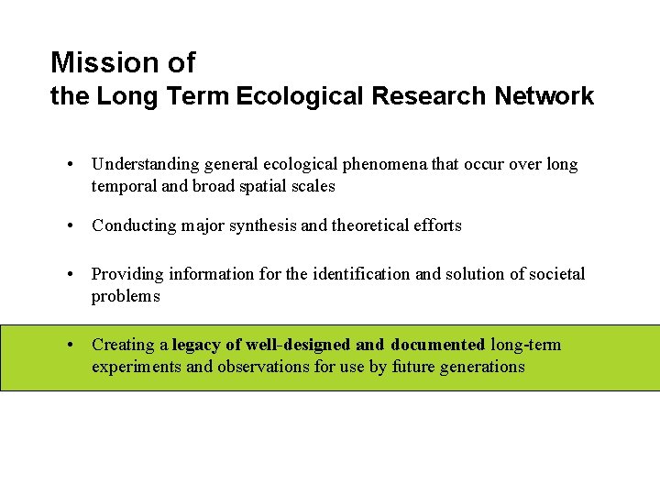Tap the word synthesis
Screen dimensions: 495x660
click(261, 225)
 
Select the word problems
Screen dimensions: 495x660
click(126, 296)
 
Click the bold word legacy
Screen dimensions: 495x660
click(197, 345)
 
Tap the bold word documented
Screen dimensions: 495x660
click(437, 345)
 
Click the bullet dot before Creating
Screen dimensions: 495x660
click(71, 346)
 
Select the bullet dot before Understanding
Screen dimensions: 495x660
click(71, 165)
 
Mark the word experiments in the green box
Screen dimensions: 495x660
click(137, 367)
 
